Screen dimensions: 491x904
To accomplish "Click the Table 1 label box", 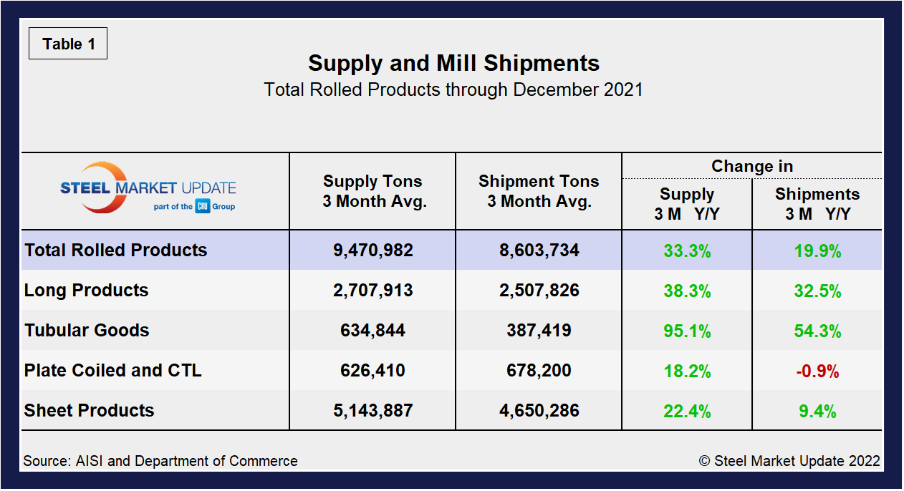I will tap(68, 44).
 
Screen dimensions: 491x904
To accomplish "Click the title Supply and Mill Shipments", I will tap(453, 63).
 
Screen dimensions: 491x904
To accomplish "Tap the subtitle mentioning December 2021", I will tap(453, 90).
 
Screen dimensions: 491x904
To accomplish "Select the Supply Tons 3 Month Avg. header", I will tap(373, 191).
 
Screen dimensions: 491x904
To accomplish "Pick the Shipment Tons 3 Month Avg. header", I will tap(539, 191).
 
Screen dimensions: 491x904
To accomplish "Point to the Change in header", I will tap(751, 166).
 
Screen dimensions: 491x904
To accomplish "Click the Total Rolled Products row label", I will tap(116, 251).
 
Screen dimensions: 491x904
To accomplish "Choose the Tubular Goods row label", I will tap(87, 331).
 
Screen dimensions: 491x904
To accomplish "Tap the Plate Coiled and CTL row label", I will tap(113, 371).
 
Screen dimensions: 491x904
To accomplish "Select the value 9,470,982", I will tap(373, 251).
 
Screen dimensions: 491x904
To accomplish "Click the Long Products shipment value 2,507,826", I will tap(539, 291).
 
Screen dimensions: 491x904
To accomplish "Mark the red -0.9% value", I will tap(817, 371).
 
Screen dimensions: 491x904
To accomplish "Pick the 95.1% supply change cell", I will tap(686, 331).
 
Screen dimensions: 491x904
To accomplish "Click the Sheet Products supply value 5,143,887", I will tap(373, 411).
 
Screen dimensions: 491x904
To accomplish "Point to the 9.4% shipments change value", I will tap(817, 412).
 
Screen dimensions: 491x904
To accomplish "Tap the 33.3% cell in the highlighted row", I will tap(686, 251).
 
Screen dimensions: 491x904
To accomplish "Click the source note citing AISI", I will tap(160, 461).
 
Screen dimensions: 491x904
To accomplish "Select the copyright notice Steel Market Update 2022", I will tap(789, 461).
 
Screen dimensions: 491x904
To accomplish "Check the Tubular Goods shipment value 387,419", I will tap(539, 331).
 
